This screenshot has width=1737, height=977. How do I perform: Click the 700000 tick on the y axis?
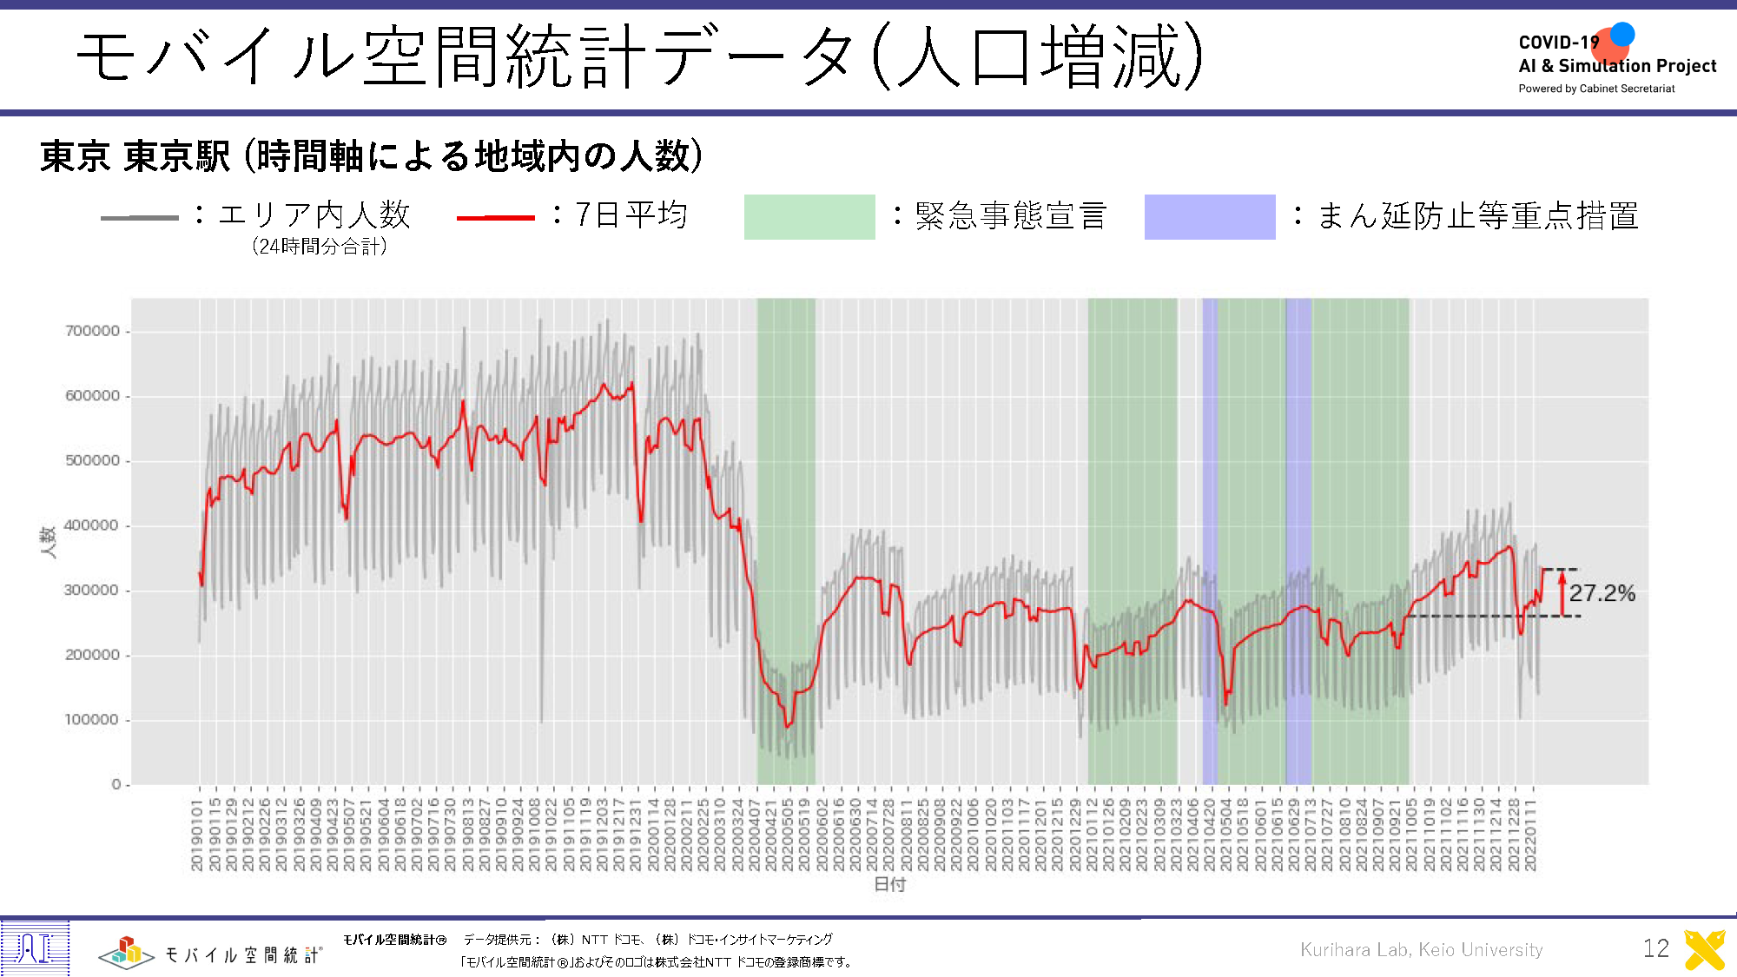(x=93, y=331)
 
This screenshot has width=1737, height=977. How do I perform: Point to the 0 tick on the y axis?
(x=116, y=784)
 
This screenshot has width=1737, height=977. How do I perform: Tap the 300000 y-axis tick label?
(x=93, y=591)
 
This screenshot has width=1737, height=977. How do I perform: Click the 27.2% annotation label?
(x=1602, y=593)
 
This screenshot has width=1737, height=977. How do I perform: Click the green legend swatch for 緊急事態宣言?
(x=809, y=216)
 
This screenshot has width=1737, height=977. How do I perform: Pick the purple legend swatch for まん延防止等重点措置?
(x=1209, y=216)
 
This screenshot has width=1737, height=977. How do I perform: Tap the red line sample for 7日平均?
(x=495, y=217)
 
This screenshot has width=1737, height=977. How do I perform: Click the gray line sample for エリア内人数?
(x=139, y=217)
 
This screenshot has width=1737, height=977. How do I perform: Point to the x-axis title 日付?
(x=889, y=884)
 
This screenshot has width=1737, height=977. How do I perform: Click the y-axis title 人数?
(x=49, y=541)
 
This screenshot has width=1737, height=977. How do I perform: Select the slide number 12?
(x=1655, y=948)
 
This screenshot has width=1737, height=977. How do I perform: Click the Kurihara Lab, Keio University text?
(x=1421, y=949)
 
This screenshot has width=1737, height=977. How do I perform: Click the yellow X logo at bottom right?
(x=1704, y=949)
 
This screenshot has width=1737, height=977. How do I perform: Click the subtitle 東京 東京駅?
(x=135, y=156)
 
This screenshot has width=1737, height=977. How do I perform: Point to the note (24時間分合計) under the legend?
(x=320, y=247)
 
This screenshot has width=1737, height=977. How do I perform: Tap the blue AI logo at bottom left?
(x=35, y=947)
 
